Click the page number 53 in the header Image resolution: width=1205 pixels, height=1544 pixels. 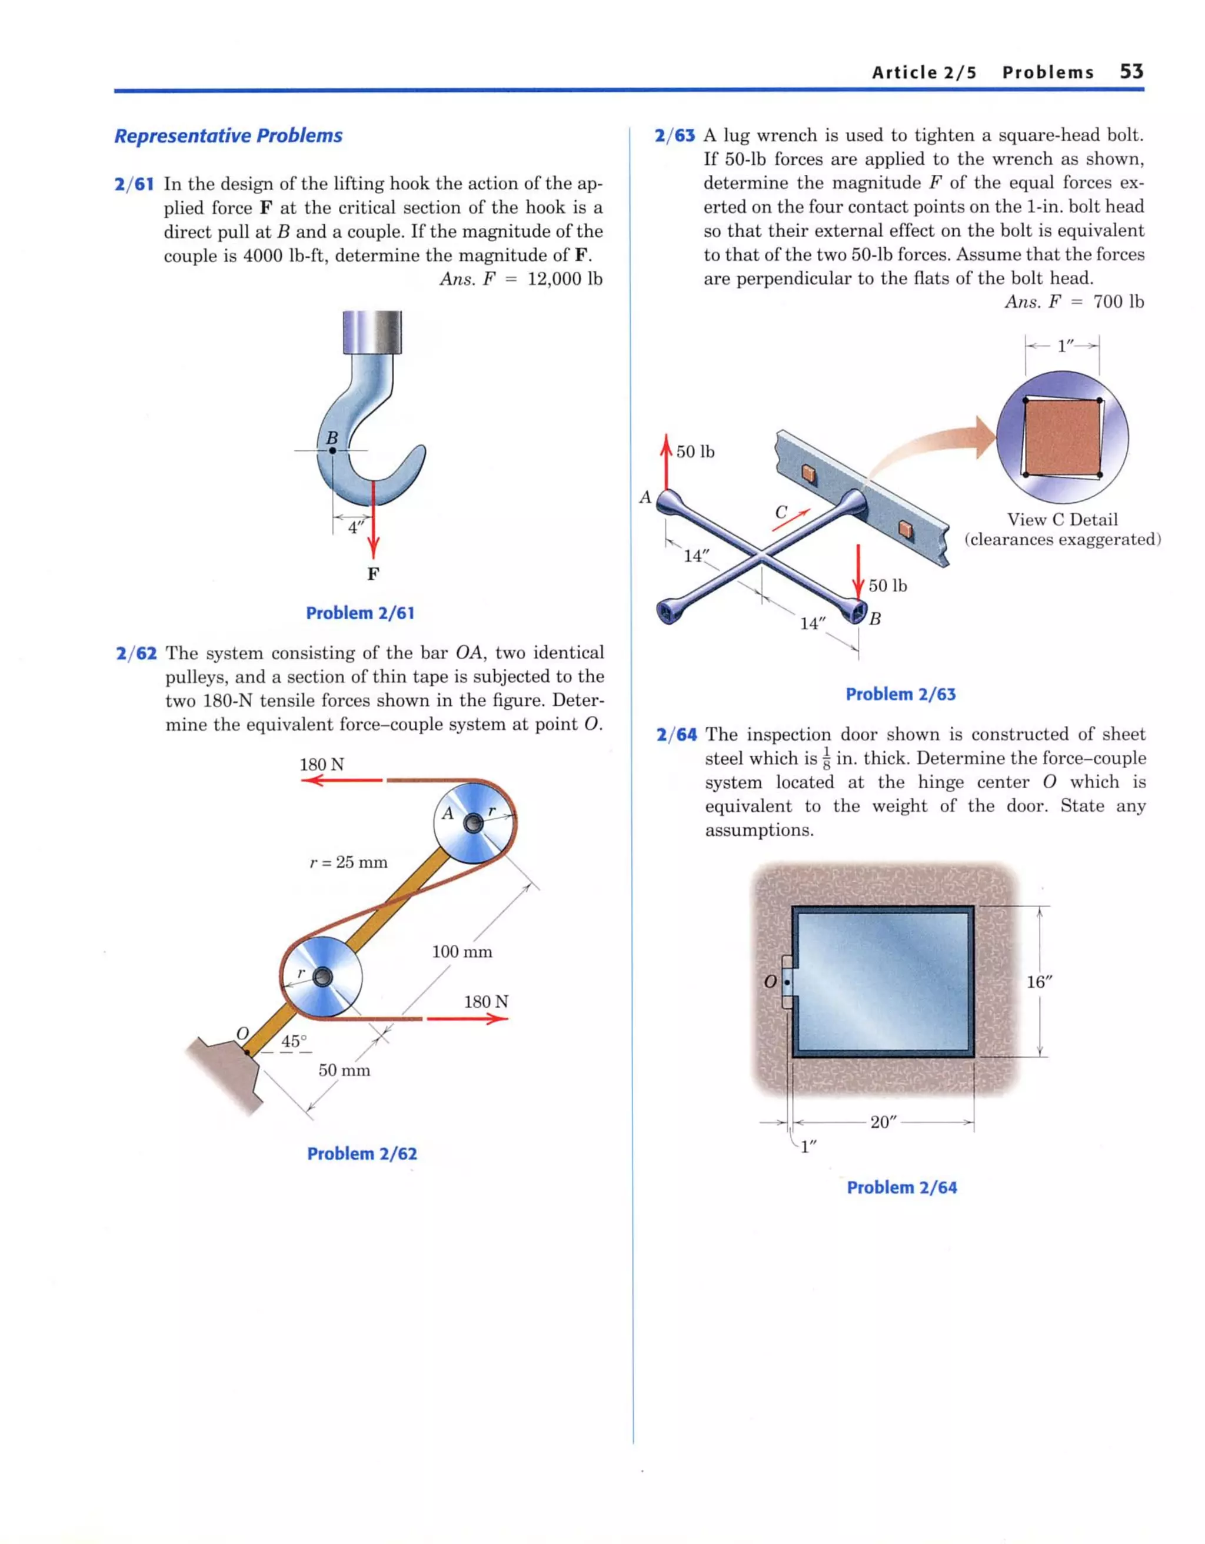[1131, 71]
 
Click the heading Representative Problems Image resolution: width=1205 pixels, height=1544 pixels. [228, 136]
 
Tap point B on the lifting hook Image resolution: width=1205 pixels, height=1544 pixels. [332, 450]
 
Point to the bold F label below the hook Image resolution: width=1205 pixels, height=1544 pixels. [372, 573]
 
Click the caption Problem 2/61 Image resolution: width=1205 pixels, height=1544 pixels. [359, 613]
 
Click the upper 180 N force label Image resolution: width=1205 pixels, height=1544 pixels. [322, 764]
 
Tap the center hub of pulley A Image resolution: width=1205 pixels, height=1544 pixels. [473, 823]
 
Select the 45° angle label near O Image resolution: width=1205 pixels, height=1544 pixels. [294, 1041]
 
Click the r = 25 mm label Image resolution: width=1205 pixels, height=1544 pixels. [348, 862]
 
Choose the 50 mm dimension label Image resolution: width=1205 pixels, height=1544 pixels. [344, 1070]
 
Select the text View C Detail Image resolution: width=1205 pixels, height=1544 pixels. [1061, 520]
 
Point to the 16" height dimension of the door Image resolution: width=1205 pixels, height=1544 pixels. [1040, 982]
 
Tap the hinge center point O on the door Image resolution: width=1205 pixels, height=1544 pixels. [787, 982]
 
